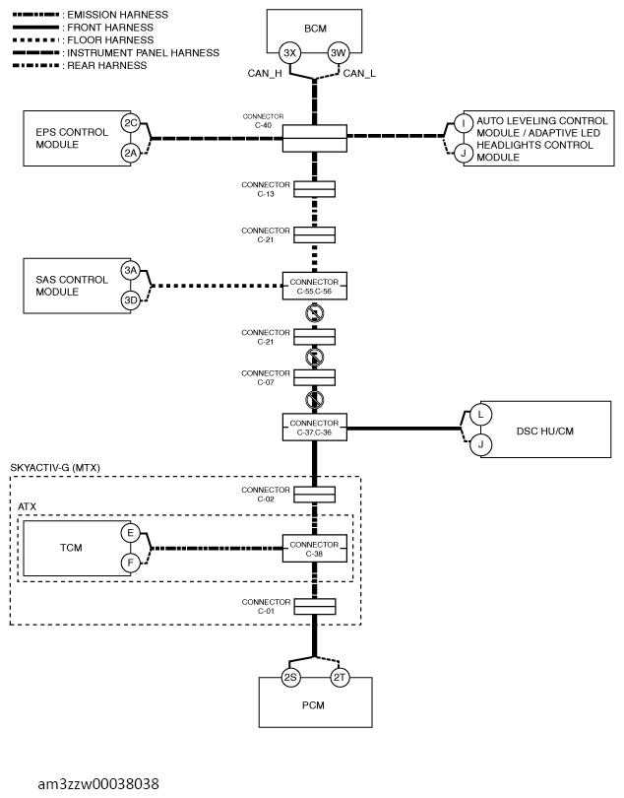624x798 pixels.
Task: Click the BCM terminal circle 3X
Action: pyautogui.click(x=290, y=53)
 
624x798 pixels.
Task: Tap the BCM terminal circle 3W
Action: pyautogui.click(x=339, y=53)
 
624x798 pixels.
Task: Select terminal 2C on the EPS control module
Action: pyautogui.click(x=131, y=123)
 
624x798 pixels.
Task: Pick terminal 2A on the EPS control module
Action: pyautogui.click(x=131, y=153)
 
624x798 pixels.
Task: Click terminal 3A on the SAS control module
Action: pyautogui.click(x=131, y=270)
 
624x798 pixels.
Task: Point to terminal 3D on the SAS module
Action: pyautogui.click(x=131, y=300)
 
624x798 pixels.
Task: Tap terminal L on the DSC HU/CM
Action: pyautogui.click(x=480, y=415)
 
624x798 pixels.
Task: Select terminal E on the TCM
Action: pyautogui.click(x=131, y=533)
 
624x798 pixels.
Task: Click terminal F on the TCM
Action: pyautogui.click(x=131, y=563)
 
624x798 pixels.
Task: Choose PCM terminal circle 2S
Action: pyautogui.click(x=290, y=678)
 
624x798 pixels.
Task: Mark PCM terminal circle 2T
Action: pyautogui.click(x=340, y=678)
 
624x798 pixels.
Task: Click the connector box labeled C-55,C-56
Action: pyautogui.click(x=315, y=286)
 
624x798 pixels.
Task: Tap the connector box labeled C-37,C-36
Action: pyautogui.click(x=315, y=428)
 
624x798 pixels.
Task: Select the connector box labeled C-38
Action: pyautogui.click(x=315, y=549)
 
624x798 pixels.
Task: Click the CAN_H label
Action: pyautogui.click(x=265, y=74)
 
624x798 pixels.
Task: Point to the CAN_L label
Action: pyautogui.click(x=359, y=74)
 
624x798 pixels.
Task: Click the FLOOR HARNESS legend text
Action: pyautogui.click(x=110, y=40)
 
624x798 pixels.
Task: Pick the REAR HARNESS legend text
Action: pyautogui.click(x=107, y=66)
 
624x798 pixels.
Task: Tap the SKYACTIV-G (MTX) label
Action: pyautogui.click(x=55, y=468)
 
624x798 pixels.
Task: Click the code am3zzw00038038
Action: pyautogui.click(x=98, y=784)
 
